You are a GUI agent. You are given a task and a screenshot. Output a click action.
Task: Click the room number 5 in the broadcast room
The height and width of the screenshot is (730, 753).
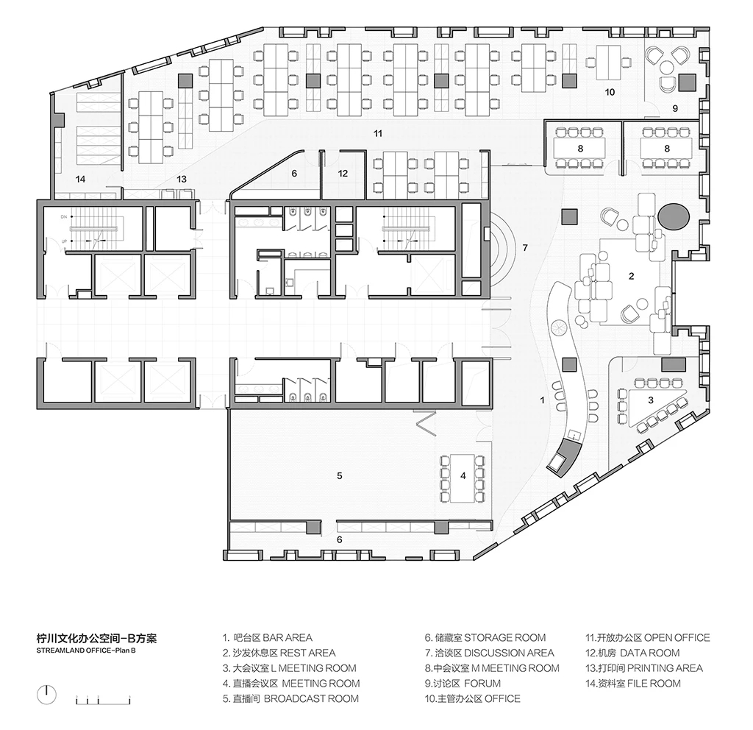point(340,476)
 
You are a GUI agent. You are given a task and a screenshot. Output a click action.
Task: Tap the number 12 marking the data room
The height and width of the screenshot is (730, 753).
point(343,174)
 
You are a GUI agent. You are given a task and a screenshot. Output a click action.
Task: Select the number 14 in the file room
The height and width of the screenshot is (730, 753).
point(80,179)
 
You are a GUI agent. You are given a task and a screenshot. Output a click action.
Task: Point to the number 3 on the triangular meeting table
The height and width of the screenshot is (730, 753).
point(651,400)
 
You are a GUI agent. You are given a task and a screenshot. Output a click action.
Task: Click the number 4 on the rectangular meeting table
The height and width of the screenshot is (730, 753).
point(463,476)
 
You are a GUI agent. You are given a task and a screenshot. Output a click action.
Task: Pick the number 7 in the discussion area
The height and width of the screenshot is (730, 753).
point(525,247)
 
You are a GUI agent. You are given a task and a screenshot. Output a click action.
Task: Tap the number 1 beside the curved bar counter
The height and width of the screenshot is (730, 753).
point(542,400)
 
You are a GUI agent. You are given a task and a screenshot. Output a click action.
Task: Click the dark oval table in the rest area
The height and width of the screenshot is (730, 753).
point(674,217)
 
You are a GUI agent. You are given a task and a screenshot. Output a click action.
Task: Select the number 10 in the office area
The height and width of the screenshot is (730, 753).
point(610,92)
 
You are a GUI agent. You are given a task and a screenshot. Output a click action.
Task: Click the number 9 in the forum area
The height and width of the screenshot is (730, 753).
point(675,109)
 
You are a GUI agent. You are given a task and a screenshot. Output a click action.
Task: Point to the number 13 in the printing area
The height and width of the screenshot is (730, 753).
point(181,179)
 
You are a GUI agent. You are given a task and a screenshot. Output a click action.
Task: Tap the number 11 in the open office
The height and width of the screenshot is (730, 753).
point(378,133)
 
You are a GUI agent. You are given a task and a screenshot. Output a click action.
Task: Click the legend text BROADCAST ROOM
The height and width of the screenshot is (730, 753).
point(311,698)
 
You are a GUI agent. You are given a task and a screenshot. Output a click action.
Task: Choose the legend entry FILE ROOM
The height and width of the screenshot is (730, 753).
point(654,683)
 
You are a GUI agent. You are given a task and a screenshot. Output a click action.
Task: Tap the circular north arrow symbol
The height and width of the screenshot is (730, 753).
point(46,695)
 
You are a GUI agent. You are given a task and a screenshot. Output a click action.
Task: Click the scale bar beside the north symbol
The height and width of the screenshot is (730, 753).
point(103,699)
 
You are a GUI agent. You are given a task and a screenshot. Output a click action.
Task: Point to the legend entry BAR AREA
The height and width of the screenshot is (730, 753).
point(288,638)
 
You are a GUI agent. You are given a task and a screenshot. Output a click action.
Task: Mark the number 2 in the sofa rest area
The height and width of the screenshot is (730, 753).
point(631,276)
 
